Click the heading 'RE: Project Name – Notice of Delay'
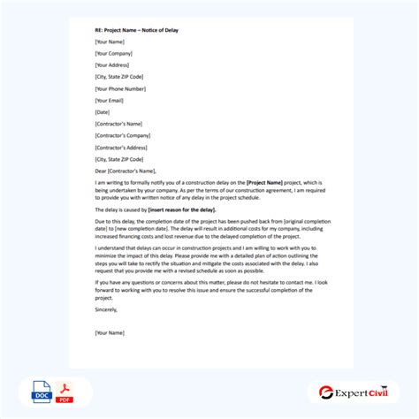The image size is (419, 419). point(133,29)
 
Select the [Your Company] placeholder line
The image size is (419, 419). point(115,53)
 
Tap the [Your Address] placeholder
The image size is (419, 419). point(114,65)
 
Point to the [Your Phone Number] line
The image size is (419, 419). point(121,88)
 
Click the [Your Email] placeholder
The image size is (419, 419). point(110,99)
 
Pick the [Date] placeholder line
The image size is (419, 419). point(103,111)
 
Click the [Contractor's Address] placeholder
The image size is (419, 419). point(124,147)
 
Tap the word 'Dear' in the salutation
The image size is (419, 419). point(100,171)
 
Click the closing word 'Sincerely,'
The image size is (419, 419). point(105,309)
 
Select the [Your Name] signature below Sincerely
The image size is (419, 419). point(110,332)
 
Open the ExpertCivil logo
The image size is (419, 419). point(355,392)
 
